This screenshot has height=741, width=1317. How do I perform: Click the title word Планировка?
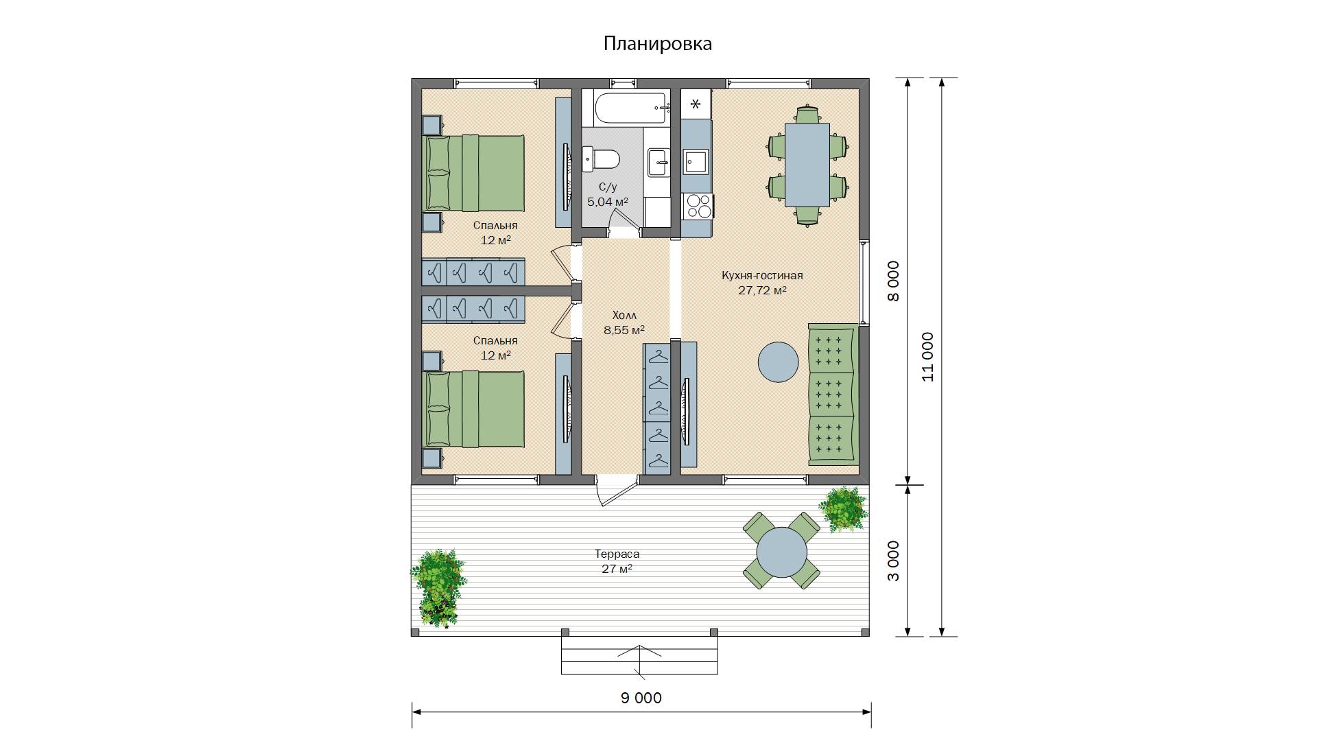pyautogui.click(x=657, y=44)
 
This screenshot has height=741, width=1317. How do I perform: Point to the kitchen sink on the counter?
pyautogui.click(x=697, y=162)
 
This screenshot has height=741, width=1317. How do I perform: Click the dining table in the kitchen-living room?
pyautogui.click(x=807, y=165)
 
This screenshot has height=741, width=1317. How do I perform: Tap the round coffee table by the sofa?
pyautogui.click(x=778, y=362)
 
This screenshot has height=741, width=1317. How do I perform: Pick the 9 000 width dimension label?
pyautogui.click(x=641, y=698)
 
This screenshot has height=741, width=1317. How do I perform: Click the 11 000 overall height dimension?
pyautogui.click(x=928, y=357)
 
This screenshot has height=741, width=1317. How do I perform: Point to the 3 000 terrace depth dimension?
pyautogui.click(x=893, y=561)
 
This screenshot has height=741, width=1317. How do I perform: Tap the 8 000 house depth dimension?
pyautogui.click(x=893, y=281)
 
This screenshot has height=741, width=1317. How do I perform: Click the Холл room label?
pyautogui.click(x=624, y=316)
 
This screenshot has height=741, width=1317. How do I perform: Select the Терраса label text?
pyautogui.click(x=617, y=554)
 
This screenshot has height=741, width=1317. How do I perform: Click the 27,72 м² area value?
pyautogui.click(x=762, y=290)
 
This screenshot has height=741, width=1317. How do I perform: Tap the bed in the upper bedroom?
pyautogui.click(x=475, y=173)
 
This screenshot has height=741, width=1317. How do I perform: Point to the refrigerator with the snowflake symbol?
pyautogui.click(x=696, y=104)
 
